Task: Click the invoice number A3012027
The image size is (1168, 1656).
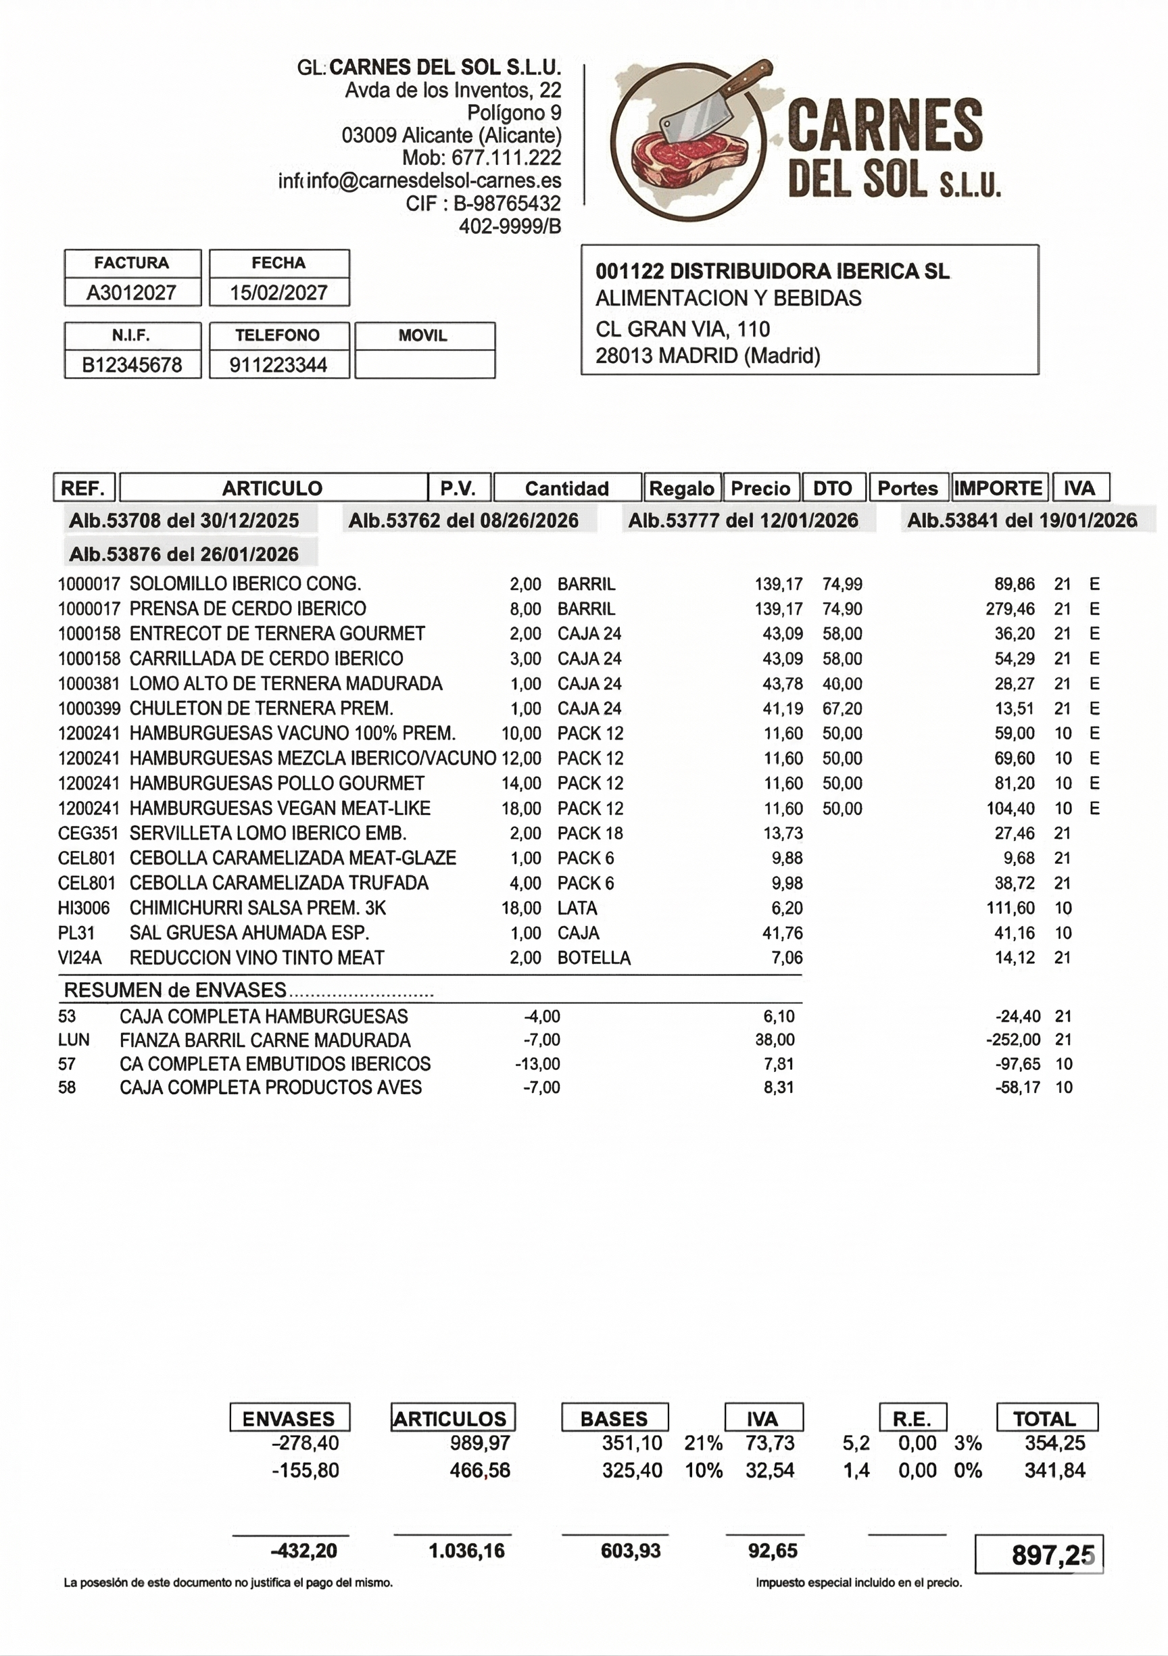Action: click(131, 292)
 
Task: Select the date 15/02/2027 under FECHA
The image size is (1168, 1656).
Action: click(278, 292)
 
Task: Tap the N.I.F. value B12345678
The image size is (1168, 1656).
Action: click(131, 364)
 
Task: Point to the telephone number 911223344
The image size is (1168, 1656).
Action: click(278, 364)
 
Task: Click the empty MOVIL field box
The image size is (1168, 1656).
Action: click(425, 364)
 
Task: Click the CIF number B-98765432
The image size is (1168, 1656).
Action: click(506, 203)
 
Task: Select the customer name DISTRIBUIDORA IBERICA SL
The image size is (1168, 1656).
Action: click(810, 271)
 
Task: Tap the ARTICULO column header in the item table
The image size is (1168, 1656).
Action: click(272, 488)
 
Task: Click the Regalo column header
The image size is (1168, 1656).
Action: click(682, 488)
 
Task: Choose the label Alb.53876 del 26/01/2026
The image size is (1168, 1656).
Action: click(184, 554)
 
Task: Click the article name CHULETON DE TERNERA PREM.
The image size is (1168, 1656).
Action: click(261, 708)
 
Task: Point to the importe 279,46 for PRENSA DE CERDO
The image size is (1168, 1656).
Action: click(1010, 609)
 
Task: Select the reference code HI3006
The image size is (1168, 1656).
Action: click(84, 908)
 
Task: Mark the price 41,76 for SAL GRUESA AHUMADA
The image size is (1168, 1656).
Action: click(782, 933)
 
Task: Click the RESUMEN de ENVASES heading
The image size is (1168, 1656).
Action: click(175, 990)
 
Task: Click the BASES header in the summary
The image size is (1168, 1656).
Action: click(614, 1419)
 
